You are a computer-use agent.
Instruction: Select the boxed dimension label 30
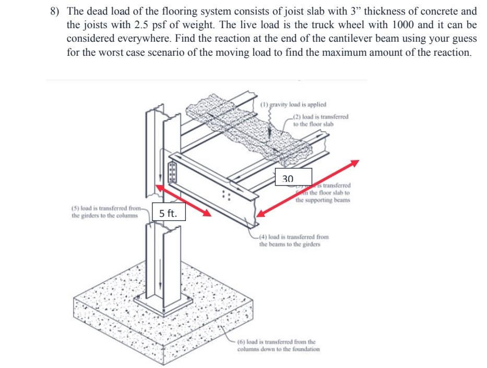tap(288, 178)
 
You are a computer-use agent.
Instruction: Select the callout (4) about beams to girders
tap(293, 240)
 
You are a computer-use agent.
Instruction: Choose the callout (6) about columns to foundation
tap(278, 346)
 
